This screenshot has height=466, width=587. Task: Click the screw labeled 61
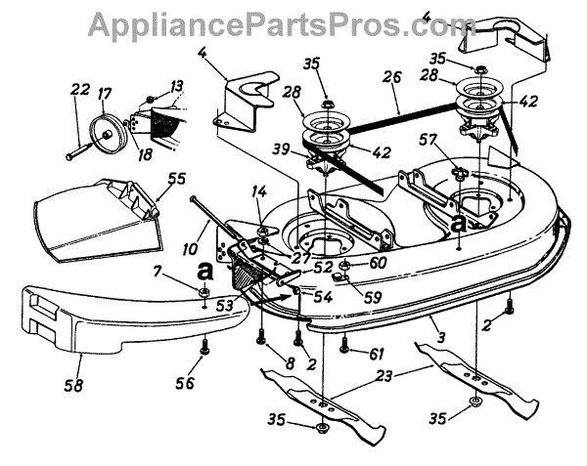[x=344, y=343]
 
